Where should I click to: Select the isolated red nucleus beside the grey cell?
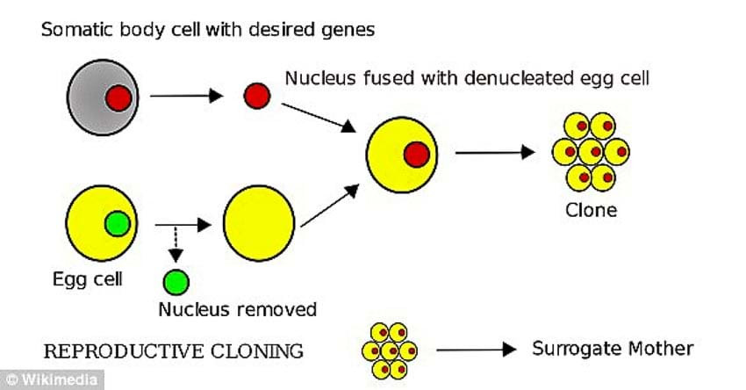point(256,95)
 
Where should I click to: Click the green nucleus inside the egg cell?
point(117,225)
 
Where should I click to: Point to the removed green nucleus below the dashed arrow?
point(176,282)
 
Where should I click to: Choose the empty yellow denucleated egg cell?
point(258,225)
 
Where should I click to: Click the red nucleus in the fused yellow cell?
point(416,155)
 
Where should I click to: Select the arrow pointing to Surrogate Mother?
point(475,350)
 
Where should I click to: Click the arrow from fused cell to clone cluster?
point(495,152)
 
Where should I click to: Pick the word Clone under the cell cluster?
point(591,210)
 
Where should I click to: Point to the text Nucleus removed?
point(237,309)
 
